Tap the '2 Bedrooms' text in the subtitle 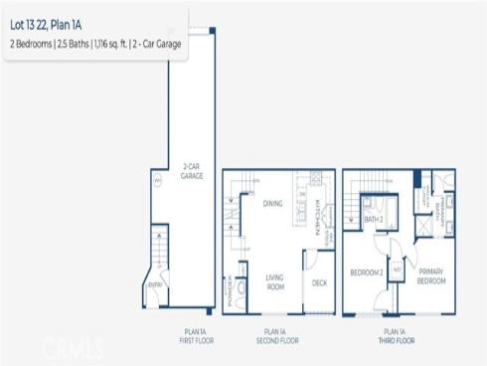pyautogui.click(x=35, y=46)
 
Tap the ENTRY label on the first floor pyautogui.click(x=155, y=285)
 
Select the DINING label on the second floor pyautogui.click(x=272, y=204)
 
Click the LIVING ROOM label pyautogui.click(x=275, y=282)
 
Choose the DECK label pyautogui.click(x=319, y=283)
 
